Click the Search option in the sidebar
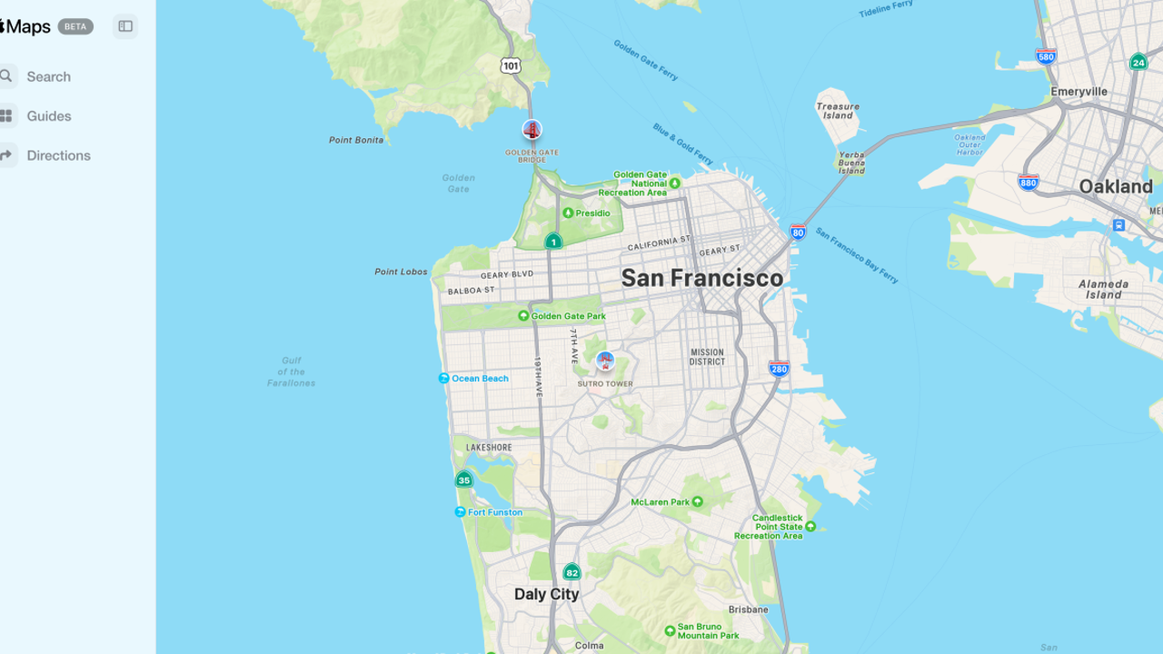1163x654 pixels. tap(47, 76)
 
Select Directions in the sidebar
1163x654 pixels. tap(57, 155)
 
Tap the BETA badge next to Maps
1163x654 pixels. tap(75, 26)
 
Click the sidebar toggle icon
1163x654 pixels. tap(125, 26)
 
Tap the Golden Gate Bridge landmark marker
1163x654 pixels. tap(532, 130)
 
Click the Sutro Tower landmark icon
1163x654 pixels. tap(605, 362)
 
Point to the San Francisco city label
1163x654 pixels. tap(701, 278)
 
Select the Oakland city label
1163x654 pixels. tap(1115, 186)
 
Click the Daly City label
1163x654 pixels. tap(546, 594)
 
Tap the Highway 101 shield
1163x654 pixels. tap(511, 65)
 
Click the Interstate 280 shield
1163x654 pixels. tap(779, 368)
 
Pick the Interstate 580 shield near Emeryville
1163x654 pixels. tap(1046, 55)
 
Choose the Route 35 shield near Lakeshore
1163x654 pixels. tap(464, 480)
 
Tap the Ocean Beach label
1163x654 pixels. tap(479, 379)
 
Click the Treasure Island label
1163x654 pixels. tap(837, 111)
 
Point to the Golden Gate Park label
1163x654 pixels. tap(568, 316)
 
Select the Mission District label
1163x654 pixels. tap(707, 357)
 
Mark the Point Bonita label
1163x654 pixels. tap(356, 140)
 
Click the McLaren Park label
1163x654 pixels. tap(661, 502)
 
